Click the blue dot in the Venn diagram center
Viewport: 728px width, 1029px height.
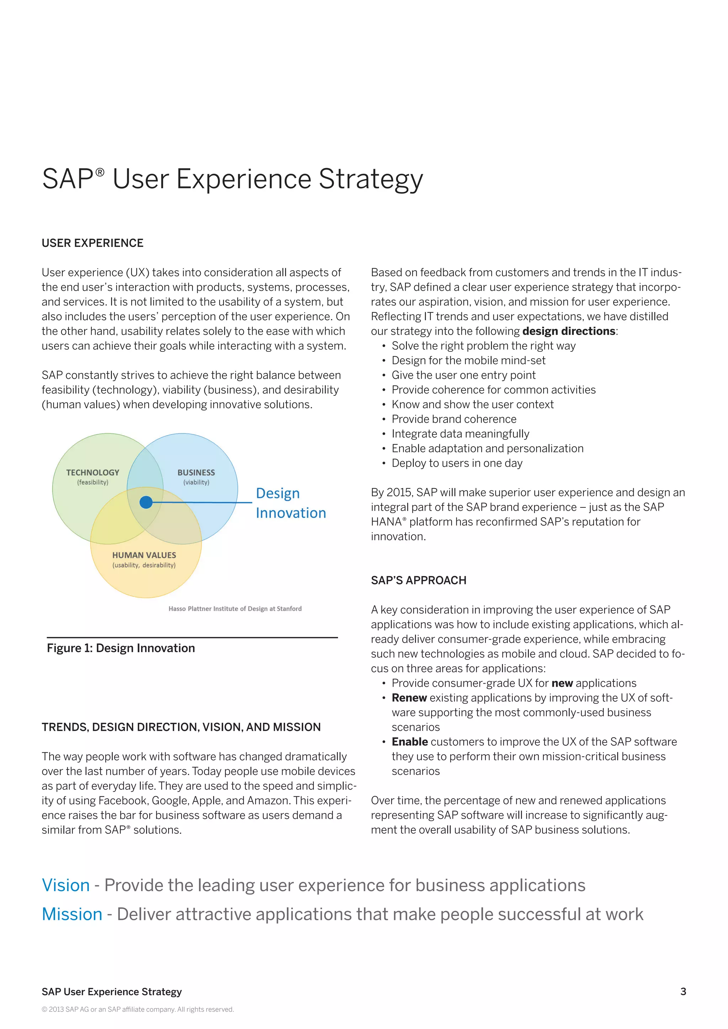(146, 502)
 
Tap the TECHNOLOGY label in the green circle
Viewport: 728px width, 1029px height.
(93, 472)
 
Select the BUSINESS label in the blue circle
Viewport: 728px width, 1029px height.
(196, 472)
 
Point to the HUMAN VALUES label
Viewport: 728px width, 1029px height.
(144, 555)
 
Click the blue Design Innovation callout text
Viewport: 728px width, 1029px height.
(290, 503)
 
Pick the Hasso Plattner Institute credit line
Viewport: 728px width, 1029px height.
(235, 609)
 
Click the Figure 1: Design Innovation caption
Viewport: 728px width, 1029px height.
(121, 648)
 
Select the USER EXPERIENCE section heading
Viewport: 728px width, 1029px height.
(92, 243)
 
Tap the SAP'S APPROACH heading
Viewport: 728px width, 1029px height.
(418, 580)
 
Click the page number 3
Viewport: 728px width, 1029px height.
(683, 991)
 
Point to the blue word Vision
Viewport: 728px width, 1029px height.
(66, 885)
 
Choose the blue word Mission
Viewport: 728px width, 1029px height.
(72, 914)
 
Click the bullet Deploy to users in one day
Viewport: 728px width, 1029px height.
(457, 463)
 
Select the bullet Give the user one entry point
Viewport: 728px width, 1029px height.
(464, 375)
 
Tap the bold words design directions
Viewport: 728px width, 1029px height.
(568, 331)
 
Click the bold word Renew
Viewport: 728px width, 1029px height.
(409, 698)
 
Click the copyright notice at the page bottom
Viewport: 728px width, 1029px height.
(138, 1009)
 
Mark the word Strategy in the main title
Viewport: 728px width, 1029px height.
(370, 179)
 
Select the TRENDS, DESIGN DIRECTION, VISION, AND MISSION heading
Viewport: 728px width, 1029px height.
(181, 727)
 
